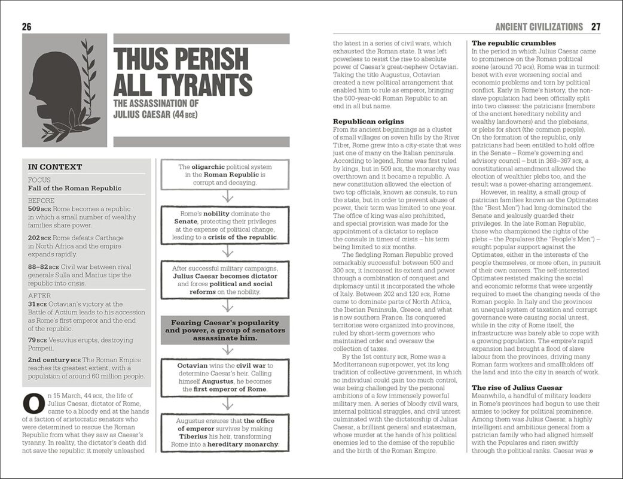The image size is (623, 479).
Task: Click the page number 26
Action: pos(26,26)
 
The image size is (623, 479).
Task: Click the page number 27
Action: pos(595,26)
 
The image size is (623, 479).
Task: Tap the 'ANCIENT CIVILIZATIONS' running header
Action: pos(538,26)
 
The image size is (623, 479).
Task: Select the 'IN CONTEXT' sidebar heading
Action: pos(55,167)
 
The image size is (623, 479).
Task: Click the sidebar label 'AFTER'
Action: pos(41,296)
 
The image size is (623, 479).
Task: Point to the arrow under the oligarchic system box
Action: pos(227,197)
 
